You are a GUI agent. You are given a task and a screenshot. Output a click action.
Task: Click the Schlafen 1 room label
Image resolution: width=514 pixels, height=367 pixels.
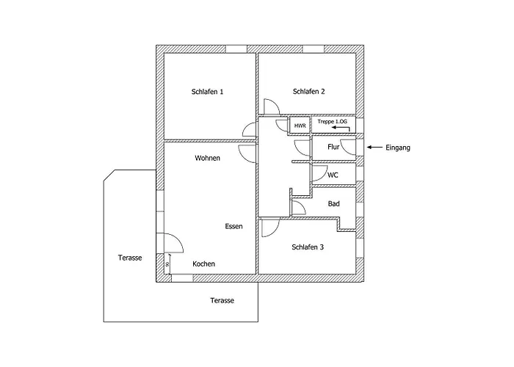(207, 92)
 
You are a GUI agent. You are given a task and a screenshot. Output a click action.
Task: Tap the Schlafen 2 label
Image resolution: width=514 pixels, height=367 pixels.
(308, 92)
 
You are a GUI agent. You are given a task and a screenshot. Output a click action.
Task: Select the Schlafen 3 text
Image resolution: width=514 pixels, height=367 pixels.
(307, 247)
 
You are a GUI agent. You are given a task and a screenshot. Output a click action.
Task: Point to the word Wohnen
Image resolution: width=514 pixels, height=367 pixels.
(207, 159)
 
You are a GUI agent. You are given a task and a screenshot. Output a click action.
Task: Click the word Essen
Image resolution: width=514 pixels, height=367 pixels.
(234, 227)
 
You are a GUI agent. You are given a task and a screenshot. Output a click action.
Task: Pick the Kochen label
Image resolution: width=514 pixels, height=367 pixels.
(203, 264)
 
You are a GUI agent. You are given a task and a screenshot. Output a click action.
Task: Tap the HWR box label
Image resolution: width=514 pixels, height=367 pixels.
(300, 126)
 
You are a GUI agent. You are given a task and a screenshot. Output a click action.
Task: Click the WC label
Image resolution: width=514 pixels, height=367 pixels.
(333, 175)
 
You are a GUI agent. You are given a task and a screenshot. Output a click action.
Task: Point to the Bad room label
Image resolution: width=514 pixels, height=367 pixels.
(333, 203)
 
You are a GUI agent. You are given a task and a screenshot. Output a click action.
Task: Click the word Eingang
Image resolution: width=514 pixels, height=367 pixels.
(397, 148)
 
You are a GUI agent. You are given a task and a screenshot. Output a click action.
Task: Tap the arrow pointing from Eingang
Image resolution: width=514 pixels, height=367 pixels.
(373, 148)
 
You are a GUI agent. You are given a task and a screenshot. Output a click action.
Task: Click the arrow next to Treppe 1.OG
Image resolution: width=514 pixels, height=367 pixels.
(340, 128)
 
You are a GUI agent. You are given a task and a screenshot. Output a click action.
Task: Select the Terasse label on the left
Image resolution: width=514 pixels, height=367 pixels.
(130, 258)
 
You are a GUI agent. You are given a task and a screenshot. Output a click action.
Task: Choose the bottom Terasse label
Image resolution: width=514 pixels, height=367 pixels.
(222, 301)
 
